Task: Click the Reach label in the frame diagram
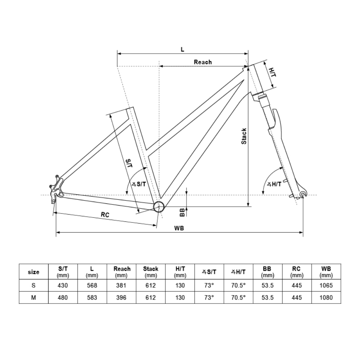(x=203, y=62)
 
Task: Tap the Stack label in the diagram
(x=244, y=136)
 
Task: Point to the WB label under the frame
(x=179, y=228)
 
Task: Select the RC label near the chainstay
(x=105, y=215)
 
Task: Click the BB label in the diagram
(x=182, y=212)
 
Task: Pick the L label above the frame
(x=183, y=49)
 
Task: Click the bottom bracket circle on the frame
(x=158, y=206)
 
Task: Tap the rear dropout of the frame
(x=56, y=189)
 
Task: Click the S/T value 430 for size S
(x=63, y=285)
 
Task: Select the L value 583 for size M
(x=92, y=298)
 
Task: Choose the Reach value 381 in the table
(x=121, y=285)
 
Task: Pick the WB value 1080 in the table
(x=326, y=298)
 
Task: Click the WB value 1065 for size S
(x=326, y=285)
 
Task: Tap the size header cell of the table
(x=33, y=272)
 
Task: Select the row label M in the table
(x=33, y=298)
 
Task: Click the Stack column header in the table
(x=150, y=272)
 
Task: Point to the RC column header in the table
(x=297, y=272)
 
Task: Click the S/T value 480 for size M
(x=63, y=298)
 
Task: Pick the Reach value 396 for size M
(x=121, y=298)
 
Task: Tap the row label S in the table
(x=33, y=285)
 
